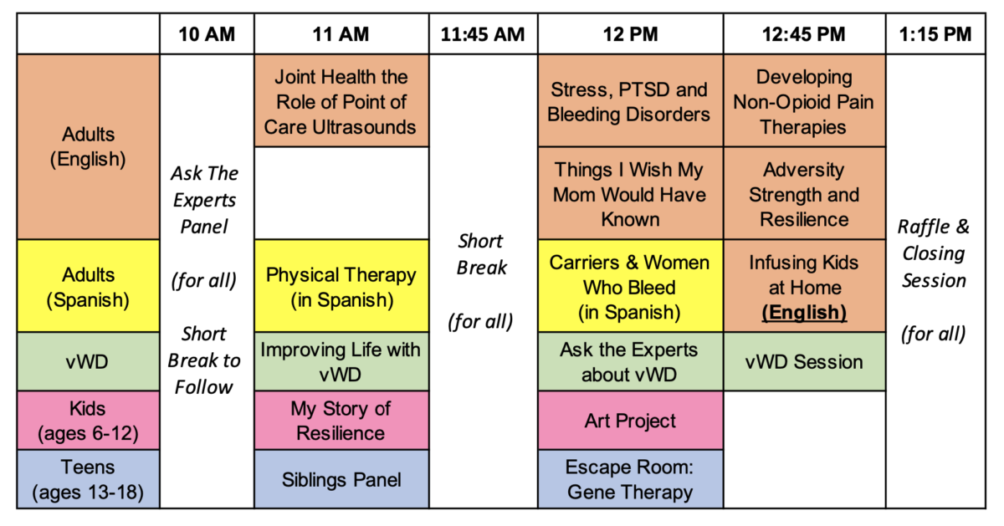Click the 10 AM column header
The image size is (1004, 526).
click(207, 34)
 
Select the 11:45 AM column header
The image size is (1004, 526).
click(483, 34)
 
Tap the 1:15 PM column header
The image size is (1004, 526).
click(935, 34)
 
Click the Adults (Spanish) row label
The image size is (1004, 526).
click(89, 286)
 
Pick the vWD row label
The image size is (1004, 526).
click(89, 361)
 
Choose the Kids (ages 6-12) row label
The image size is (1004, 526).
click(89, 421)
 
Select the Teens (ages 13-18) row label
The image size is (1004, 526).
click(89, 479)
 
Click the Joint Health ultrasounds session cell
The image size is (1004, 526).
click(341, 101)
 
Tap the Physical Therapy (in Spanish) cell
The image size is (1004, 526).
click(341, 286)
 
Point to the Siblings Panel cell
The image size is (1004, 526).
click(341, 479)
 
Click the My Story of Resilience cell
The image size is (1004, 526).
click(341, 421)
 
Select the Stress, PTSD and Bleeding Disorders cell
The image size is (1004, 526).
click(630, 101)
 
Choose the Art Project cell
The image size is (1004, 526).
click(630, 421)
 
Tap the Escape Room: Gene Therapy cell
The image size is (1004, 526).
click(630, 479)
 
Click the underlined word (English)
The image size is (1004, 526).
click(804, 312)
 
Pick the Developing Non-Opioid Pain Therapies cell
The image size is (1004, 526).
click(805, 101)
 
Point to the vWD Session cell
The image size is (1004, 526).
click(805, 361)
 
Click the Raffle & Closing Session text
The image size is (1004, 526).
click(935, 253)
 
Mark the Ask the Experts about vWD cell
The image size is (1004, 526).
click(630, 361)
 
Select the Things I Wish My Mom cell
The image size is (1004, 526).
click(630, 193)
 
